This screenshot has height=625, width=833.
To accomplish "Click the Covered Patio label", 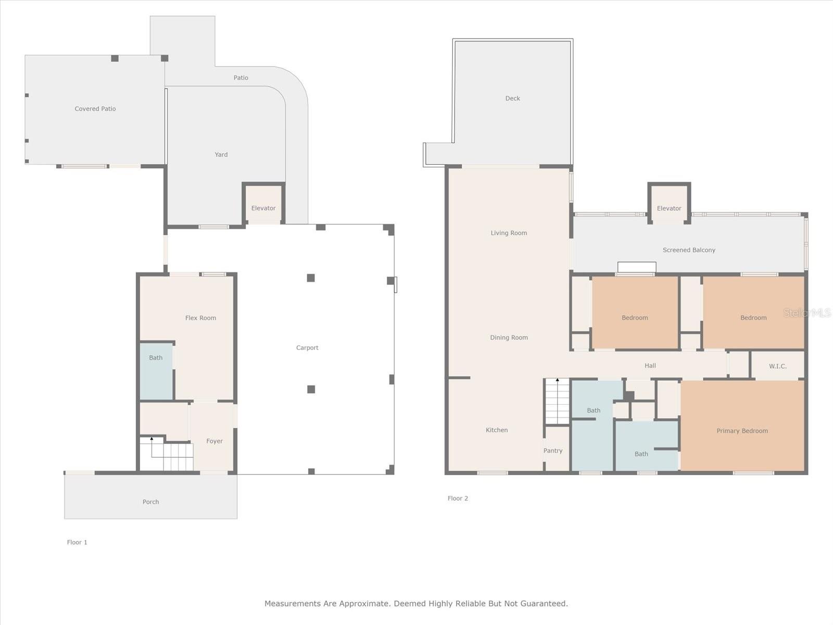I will [95, 109].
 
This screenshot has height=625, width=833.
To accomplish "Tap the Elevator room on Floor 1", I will [263, 205].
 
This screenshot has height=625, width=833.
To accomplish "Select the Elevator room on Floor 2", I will [669, 205].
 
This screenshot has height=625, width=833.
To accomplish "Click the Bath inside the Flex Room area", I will [156, 371].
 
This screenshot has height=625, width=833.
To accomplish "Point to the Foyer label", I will [214, 441].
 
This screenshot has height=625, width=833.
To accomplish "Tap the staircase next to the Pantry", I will [557, 402].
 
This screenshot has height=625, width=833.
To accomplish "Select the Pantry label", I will [553, 451].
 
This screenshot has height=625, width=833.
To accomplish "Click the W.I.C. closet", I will [777, 366].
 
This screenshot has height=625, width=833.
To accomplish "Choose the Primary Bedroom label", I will [742, 431].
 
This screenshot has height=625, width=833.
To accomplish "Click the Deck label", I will [512, 98].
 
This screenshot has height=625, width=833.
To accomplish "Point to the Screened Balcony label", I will [689, 250].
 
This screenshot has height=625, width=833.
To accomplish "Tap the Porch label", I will [150, 502].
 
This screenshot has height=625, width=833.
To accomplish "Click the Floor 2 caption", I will [458, 498].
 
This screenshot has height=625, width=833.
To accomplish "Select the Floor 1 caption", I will [77, 542].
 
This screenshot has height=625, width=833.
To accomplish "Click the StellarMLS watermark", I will [807, 313].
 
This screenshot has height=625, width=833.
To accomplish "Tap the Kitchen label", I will [497, 430].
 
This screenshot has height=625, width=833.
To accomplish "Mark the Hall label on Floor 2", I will [650, 366].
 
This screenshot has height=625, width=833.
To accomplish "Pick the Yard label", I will [221, 155].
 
